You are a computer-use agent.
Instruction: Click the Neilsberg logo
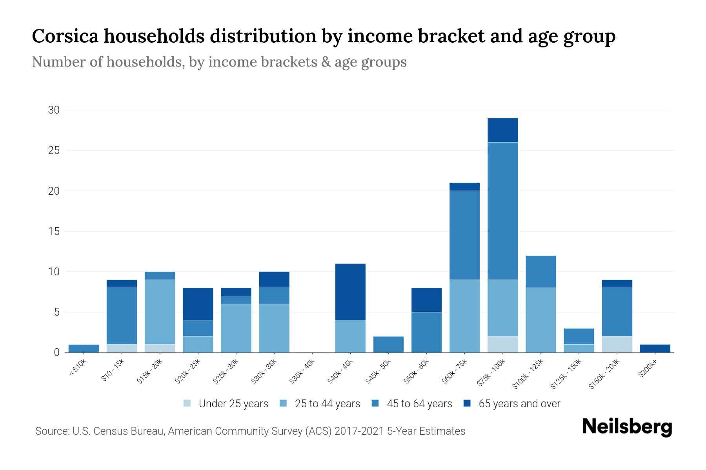(627, 427)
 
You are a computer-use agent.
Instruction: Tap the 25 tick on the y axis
(53, 150)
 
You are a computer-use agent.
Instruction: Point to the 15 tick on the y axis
(53, 231)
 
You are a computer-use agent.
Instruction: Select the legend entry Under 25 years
(233, 403)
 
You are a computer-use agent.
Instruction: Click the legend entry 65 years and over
(519, 403)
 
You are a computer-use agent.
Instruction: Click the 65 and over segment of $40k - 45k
(350, 292)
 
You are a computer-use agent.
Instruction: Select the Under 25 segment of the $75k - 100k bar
(502, 344)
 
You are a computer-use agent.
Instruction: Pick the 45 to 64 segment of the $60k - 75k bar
(464, 235)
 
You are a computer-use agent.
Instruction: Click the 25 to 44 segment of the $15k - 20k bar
(160, 312)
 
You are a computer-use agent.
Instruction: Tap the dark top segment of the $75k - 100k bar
(502, 130)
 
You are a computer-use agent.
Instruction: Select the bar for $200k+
(655, 348)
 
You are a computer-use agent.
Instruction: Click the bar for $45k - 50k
(388, 344)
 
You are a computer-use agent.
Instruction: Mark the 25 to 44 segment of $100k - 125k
(540, 320)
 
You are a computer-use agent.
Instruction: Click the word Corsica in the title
(67, 36)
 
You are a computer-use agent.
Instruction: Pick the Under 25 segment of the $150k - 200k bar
(617, 344)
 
